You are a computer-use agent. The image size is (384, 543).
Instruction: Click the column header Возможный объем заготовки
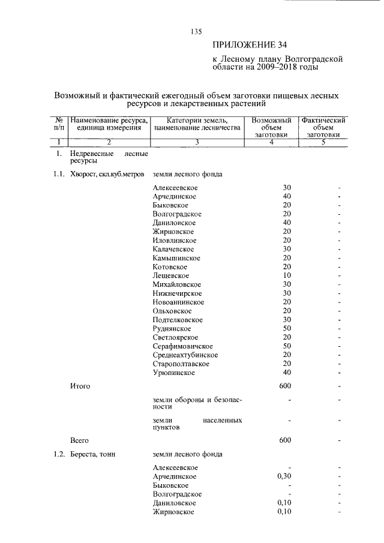point(272,127)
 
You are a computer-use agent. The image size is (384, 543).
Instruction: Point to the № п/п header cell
point(59,124)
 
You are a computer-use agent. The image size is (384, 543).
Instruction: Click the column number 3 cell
point(196,142)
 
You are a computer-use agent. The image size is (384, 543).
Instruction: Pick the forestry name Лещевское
point(170,275)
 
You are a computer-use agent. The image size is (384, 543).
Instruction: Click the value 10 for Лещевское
point(287,275)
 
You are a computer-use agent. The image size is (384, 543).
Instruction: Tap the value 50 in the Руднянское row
point(287,329)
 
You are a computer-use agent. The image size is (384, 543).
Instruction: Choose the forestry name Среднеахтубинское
point(185,355)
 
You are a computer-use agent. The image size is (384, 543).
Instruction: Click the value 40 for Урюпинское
point(287,373)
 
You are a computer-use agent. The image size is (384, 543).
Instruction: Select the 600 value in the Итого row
point(285,386)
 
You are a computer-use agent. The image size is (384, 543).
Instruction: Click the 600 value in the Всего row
point(285,440)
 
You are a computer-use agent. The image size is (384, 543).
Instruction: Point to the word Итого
point(80,386)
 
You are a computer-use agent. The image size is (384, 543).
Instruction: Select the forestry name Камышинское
point(176,258)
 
